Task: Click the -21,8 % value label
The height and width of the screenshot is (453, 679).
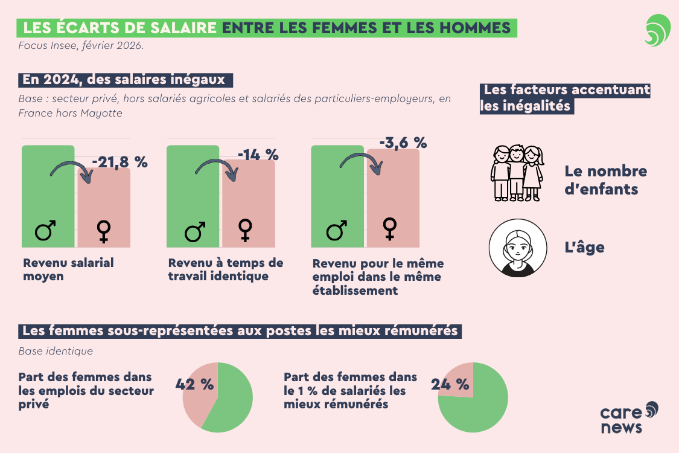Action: pyautogui.click(x=120, y=162)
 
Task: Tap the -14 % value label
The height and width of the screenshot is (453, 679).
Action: pyautogui.click(x=258, y=155)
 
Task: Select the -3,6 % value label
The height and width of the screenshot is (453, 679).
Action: pyautogui.click(x=403, y=143)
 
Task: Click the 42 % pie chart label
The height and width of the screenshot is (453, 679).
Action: pyautogui.click(x=194, y=384)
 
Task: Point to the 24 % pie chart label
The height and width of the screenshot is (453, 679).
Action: pyautogui.click(x=450, y=384)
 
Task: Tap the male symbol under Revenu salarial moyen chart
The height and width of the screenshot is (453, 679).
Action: pyautogui.click(x=45, y=230)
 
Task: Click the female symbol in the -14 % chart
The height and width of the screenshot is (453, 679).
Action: pyautogui.click(x=245, y=230)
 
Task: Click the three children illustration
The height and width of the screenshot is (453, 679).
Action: pyautogui.click(x=516, y=173)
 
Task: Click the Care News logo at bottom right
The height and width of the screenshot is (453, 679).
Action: pyautogui.click(x=628, y=417)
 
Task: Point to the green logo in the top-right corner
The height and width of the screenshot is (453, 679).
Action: pyautogui.click(x=657, y=31)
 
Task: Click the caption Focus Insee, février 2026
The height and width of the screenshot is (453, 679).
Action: pyautogui.click(x=81, y=46)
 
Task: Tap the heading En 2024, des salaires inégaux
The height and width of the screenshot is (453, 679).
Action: pyautogui.click(x=124, y=80)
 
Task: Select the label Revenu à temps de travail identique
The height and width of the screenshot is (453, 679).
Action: pyautogui.click(x=225, y=270)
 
